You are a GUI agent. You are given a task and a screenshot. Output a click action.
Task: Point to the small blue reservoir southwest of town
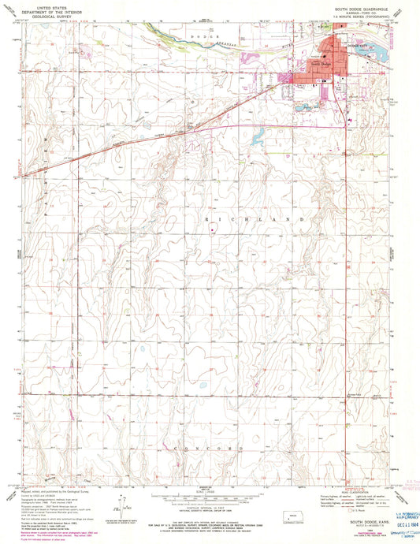click(258, 139)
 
